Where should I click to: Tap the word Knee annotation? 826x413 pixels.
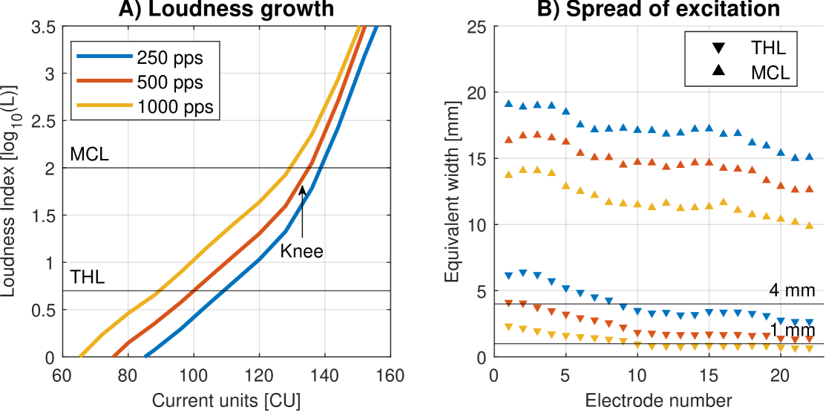click(301, 251)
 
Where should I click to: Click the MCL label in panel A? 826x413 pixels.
click(90, 155)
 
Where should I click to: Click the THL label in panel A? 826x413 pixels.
click(88, 278)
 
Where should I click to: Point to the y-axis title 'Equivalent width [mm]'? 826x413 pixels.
click(452, 192)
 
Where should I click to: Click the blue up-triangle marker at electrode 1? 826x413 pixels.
click(509, 103)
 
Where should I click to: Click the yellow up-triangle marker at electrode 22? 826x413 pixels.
click(809, 225)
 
